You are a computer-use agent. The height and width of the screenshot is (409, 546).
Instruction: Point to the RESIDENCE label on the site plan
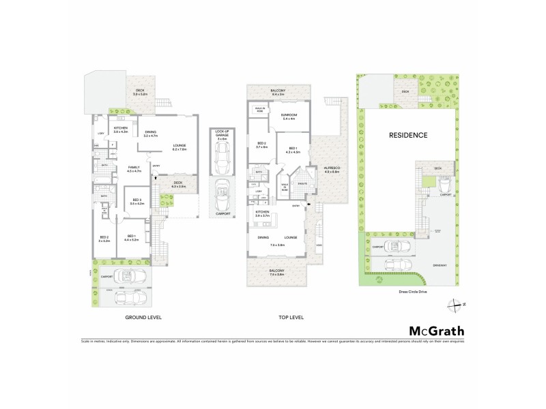408,135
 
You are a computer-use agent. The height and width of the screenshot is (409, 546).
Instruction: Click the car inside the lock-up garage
222,161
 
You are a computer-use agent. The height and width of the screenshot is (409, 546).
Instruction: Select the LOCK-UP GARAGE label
222,133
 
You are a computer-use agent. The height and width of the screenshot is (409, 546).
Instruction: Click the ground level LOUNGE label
181,145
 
